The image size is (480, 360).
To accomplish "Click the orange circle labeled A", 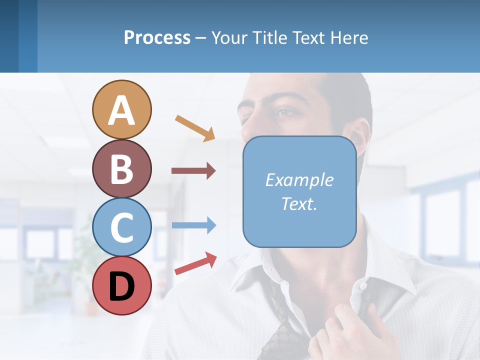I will tap(121, 110).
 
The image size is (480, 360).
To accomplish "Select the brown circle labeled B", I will tap(121, 168).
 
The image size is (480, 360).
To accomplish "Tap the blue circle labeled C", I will tap(121, 227).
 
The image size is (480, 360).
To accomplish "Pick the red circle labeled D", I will tap(121, 285).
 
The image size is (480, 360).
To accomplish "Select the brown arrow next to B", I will tap(193, 171).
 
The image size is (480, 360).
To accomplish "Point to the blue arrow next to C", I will tap(193, 225).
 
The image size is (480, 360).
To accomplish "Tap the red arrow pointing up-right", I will tap(195, 263).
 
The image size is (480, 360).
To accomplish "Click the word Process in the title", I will tap(157, 37).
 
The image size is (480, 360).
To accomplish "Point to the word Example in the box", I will tap(299, 180).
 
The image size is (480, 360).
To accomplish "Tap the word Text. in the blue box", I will tap(299, 203).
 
